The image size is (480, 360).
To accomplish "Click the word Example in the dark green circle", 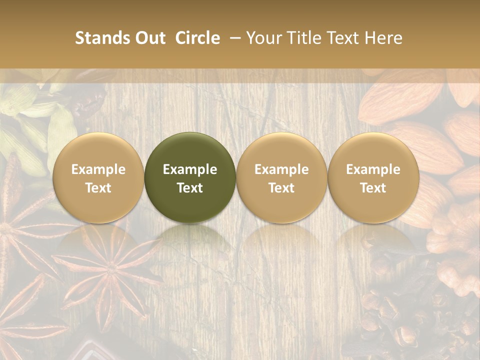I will tap(190, 169).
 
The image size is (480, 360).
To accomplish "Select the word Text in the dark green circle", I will tap(190, 188).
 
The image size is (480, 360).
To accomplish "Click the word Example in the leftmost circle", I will tap(98, 169).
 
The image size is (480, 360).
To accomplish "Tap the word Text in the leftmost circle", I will tap(98, 188).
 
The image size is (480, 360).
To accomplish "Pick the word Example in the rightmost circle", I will tap(373, 169).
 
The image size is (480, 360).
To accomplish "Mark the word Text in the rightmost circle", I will tap(373, 188).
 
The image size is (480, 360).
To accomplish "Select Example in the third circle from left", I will tap(281, 169).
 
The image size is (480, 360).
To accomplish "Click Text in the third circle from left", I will tap(281, 188).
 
